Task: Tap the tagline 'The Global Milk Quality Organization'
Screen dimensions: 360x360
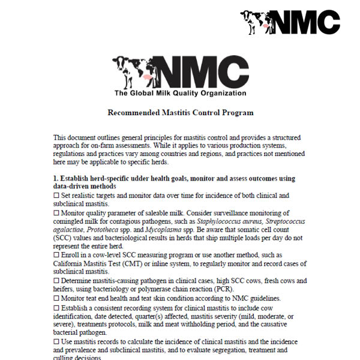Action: pyautogui.click(x=179, y=93)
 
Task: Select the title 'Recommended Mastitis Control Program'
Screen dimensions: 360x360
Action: pyautogui.click(x=180, y=112)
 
